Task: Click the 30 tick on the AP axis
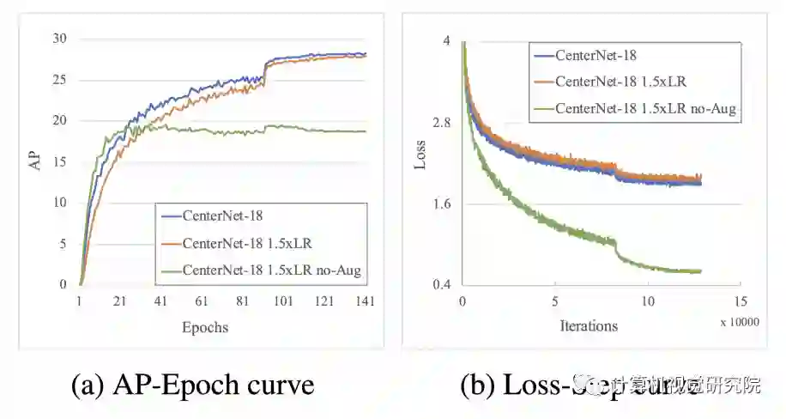tap(58, 39)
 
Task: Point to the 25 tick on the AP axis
tap(58, 80)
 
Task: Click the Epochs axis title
tap(205, 327)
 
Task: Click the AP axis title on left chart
tap(36, 161)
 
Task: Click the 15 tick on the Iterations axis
tap(741, 301)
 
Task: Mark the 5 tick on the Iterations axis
tap(555, 301)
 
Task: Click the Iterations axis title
tap(589, 325)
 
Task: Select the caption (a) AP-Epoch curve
tap(192, 384)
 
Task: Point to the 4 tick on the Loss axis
tap(446, 41)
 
